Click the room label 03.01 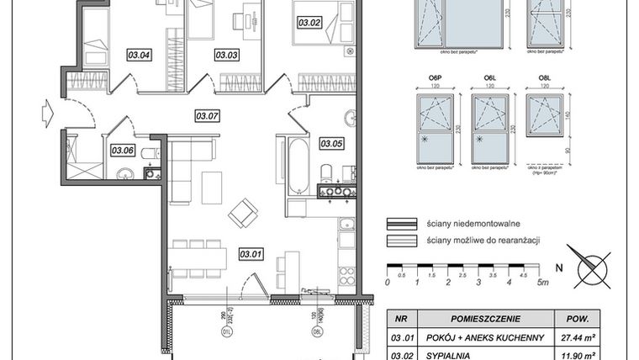pyautogui.click(x=251, y=253)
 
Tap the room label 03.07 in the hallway pyautogui.click(x=207, y=116)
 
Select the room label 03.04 pyautogui.click(x=139, y=56)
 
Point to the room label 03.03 pyautogui.click(x=226, y=56)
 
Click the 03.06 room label pyautogui.click(x=123, y=151)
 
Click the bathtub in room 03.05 pyautogui.click(x=298, y=165)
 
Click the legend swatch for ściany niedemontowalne pyautogui.click(x=402, y=225)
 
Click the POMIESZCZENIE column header pyautogui.click(x=484, y=320)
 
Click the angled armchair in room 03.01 pyautogui.click(x=244, y=212)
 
